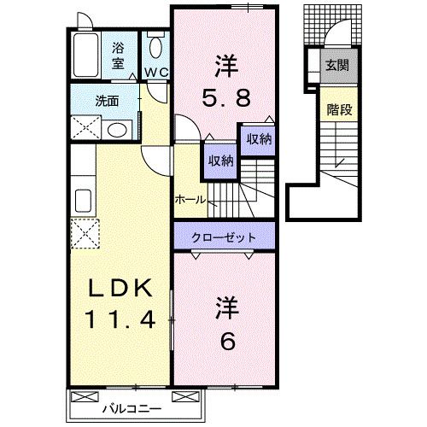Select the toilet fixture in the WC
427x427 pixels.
point(155,46)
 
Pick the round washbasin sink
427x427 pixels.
point(119,130)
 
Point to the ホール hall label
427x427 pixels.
point(189,200)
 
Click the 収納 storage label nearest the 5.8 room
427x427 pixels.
point(259,139)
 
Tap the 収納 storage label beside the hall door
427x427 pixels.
point(218,161)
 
